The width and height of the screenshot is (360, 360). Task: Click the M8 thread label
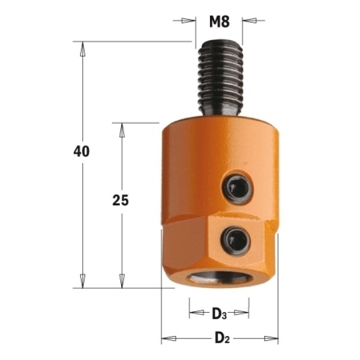[x=220, y=22]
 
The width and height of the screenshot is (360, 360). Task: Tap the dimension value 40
[x=82, y=152]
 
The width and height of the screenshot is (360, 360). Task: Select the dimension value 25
[x=121, y=200]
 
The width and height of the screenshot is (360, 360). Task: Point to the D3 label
[x=219, y=314]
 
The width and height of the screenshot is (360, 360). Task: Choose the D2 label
[x=222, y=338]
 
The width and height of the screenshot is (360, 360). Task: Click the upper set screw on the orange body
[x=238, y=187]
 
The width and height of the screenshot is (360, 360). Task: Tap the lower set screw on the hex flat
[x=236, y=241]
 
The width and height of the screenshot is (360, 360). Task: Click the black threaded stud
[x=220, y=78]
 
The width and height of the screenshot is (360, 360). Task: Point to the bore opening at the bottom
[x=220, y=277]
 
